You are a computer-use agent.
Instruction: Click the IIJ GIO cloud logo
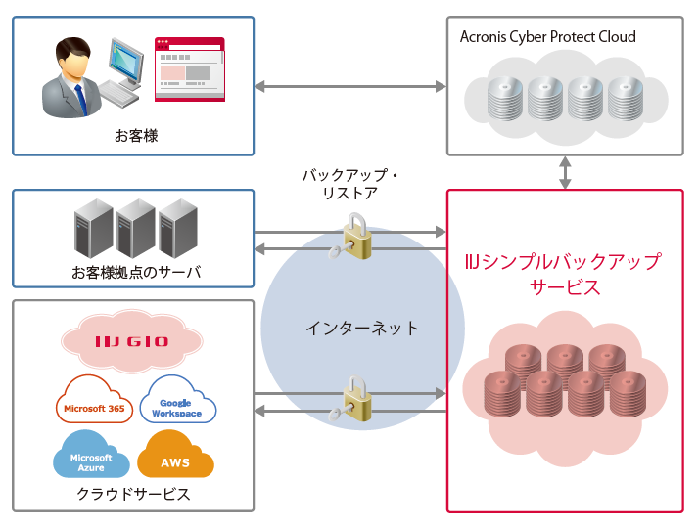132,341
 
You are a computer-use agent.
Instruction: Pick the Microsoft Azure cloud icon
91,458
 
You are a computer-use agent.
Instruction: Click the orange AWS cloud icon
175,458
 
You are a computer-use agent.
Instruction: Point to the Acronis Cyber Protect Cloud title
547,37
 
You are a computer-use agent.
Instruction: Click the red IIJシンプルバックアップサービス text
564,275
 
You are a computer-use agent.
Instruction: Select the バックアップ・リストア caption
349,184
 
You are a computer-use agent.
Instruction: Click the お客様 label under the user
135,136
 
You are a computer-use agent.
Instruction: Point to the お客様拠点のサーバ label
135,272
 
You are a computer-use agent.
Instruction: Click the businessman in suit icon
73,77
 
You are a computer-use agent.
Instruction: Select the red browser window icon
189,68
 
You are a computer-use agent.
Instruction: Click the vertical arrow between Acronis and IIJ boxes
564,172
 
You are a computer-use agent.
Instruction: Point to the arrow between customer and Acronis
349,86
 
